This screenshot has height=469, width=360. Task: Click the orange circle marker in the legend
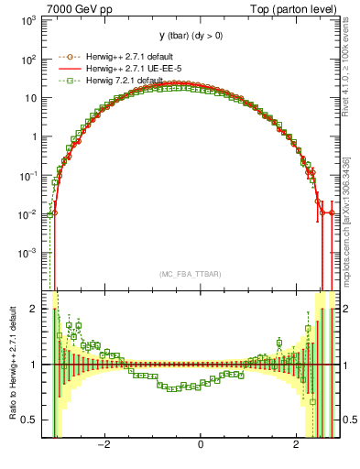tap(65, 57)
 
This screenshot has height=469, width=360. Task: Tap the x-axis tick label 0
tap(200, 446)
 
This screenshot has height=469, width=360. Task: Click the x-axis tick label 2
tap(296, 446)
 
